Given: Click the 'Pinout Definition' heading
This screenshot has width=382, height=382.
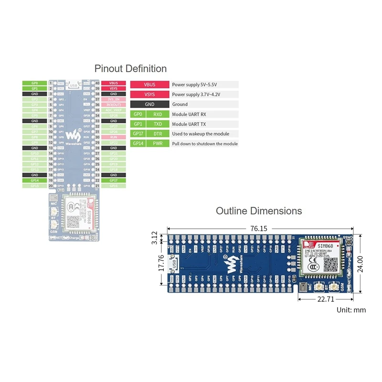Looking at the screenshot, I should click(x=130, y=68).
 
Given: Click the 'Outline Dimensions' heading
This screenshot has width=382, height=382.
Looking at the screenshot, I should click(x=258, y=211).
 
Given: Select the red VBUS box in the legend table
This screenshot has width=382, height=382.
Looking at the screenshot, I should click(x=149, y=85).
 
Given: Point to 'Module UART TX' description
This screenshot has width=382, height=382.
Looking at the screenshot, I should click(x=190, y=124).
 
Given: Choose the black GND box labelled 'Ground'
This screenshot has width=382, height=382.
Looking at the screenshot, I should click(x=149, y=104).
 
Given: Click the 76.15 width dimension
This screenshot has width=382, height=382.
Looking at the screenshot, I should click(x=258, y=229).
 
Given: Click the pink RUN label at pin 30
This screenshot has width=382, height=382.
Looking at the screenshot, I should click(x=113, y=137).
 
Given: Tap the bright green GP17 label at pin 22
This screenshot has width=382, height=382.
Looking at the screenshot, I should click(x=113, y=180).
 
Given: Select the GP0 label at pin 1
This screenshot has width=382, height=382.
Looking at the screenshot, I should click(x=34, y=83).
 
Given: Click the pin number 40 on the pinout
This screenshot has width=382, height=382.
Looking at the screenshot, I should click(x=97, y=83).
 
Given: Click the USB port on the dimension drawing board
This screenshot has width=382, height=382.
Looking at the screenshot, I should click(x=175, y=263).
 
